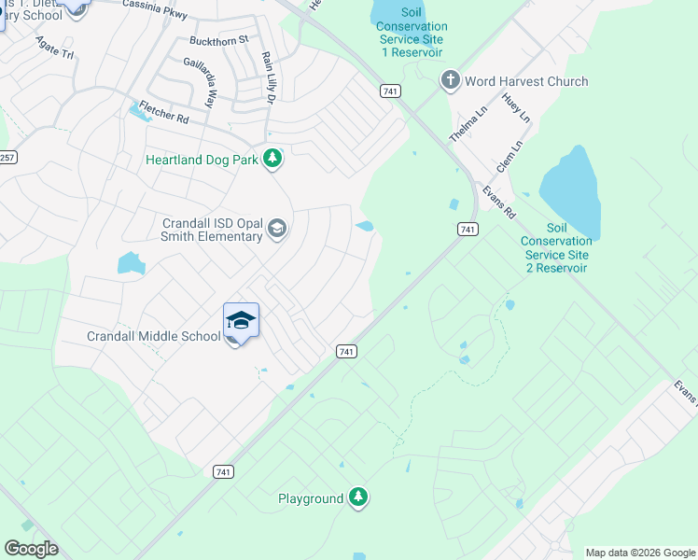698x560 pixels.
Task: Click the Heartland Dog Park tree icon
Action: [272, 160]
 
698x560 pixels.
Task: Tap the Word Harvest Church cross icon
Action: [451, 80]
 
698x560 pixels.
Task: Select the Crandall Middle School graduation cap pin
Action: [241, 321]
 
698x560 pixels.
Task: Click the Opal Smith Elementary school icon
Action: [276, 229]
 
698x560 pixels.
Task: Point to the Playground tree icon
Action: [358, 498]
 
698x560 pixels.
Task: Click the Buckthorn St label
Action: [219, 40]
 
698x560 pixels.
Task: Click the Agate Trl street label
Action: [54, 48]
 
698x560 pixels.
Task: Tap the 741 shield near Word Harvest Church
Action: [390, 90]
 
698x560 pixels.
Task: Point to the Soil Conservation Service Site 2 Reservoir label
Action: [555, 247]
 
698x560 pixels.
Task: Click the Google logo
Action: [31, 549]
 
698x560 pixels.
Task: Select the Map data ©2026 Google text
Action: [640, 553]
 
